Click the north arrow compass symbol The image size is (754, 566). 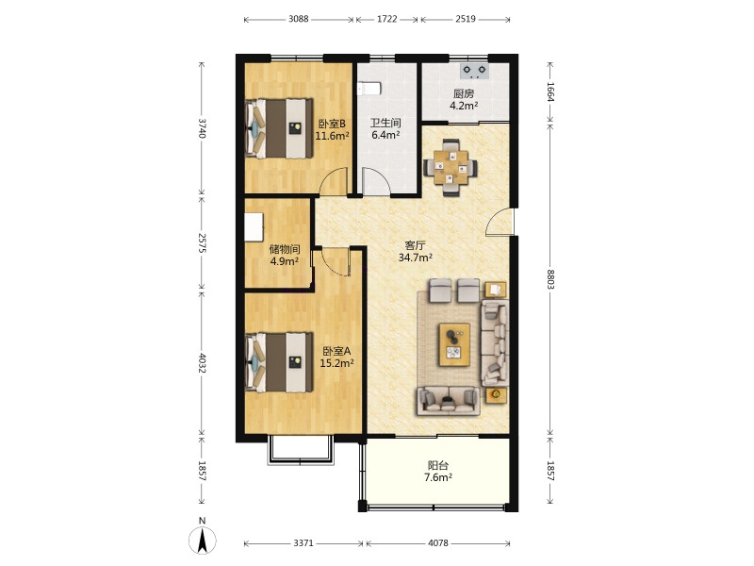(203, 539)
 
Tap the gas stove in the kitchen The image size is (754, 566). (474, 72)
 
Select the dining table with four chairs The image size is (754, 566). (451, 168)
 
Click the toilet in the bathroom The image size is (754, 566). (369, 89)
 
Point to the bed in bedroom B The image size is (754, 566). (279, 128)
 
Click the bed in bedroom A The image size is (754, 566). (279, 362)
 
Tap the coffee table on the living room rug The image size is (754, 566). (454, 344)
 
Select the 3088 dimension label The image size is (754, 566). (298, 19)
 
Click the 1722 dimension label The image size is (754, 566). (386, 19)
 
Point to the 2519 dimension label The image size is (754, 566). (465, 19)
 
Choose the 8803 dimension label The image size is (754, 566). (550, 278)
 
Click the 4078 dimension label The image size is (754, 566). (437, 543)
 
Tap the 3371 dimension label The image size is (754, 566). (303, 543)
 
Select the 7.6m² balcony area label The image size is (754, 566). (437, 477)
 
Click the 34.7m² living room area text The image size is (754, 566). (415, 258)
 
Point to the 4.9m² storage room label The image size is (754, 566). (285, 261)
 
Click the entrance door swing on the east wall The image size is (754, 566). (500, 223)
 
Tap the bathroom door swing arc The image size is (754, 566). (376, 181)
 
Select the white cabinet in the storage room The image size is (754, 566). (254, 226)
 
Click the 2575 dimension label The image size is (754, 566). (202, 243)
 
